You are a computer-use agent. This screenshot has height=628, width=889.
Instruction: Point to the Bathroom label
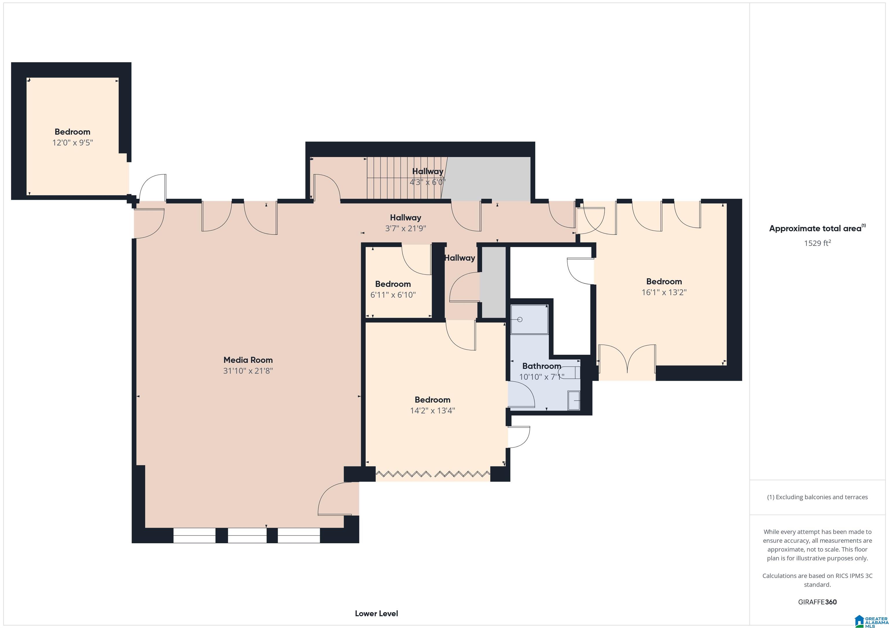tap(542, 366)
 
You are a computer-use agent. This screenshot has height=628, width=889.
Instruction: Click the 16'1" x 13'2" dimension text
tap(664, 292)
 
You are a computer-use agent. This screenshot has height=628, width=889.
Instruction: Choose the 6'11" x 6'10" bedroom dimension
tap(393, 295)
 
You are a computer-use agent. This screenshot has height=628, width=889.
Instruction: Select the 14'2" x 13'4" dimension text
tap(433, 410)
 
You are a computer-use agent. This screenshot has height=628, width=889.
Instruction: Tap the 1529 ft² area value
tap(817, 243)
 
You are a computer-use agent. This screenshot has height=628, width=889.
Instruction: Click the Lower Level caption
tap(376, 613)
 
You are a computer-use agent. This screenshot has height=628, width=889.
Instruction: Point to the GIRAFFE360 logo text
tap(817, 602)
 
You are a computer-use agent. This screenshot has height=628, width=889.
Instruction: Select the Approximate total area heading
tap(817, 228)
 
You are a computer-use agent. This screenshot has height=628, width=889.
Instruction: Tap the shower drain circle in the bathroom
tap(520, 319)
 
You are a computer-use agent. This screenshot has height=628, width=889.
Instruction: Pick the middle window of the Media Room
tap(247, 536)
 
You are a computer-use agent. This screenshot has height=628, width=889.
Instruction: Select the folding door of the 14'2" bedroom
tap(433, 474)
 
